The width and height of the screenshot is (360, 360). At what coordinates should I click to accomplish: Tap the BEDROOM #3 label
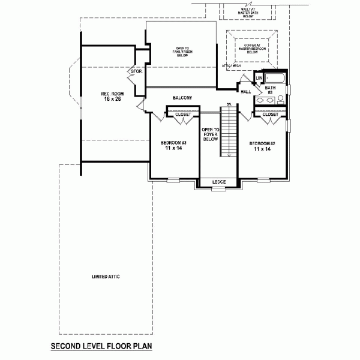click(174, 145)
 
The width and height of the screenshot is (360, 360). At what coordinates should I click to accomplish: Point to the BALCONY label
click(182, 97)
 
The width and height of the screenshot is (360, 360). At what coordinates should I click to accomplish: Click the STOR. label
click(136, 71)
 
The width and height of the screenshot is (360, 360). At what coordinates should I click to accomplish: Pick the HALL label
click(246, 92)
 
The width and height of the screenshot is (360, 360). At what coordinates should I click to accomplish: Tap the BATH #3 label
click(270, 90)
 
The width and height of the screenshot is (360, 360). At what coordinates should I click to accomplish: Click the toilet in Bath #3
click(280, 100)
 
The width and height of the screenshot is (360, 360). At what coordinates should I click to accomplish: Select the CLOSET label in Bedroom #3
click(183, 115)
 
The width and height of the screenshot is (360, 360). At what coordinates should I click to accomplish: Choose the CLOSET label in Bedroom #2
click(270, 115)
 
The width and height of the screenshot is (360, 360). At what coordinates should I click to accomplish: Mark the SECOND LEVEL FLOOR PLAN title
click(101, 346)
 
